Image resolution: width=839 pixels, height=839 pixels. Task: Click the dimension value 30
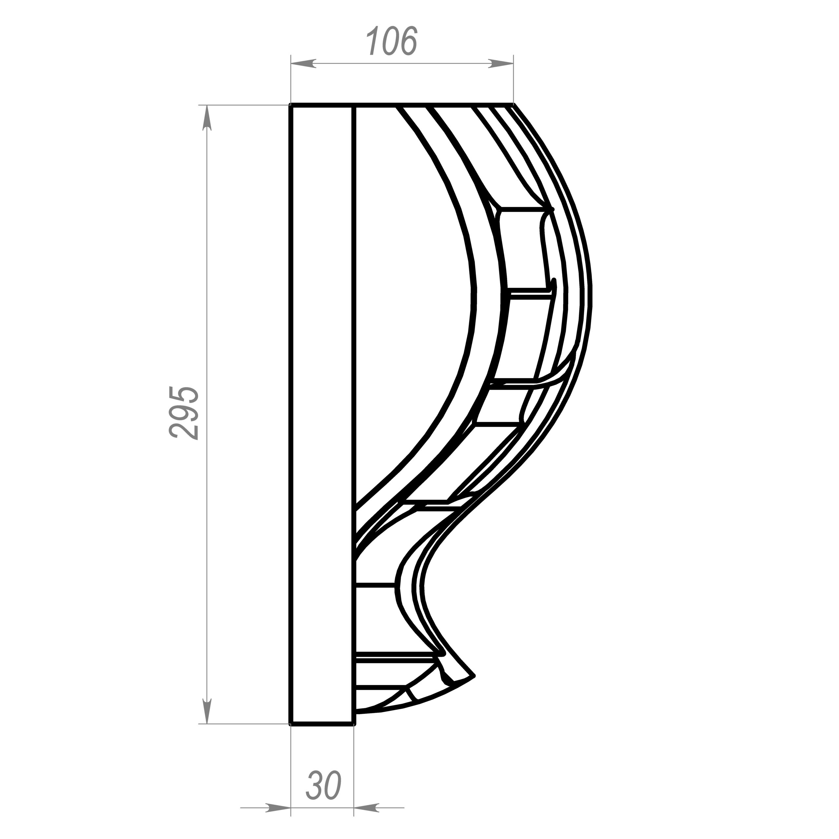(324, 786)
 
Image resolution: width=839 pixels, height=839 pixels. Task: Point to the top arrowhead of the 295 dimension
(207, 117)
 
